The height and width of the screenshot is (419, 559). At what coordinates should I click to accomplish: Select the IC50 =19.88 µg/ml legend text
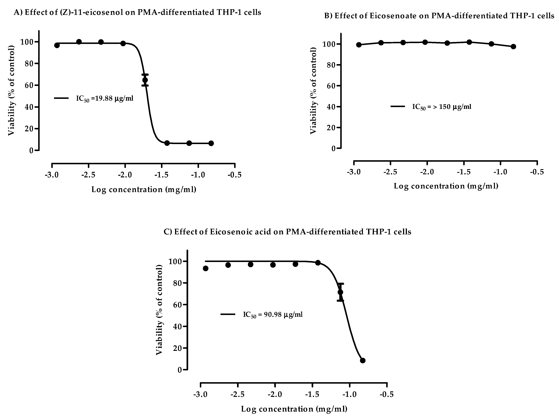[105, 98]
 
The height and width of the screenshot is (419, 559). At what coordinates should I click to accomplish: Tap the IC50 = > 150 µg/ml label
[442, 107]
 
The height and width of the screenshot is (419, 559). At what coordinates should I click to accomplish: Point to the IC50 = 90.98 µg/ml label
[273, 314]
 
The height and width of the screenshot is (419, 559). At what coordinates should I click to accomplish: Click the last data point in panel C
[363, 361]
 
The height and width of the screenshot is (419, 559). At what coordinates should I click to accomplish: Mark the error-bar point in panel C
[340, 292]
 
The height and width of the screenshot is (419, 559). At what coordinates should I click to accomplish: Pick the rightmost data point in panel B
[513, 46]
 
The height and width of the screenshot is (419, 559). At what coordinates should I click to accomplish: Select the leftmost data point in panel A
[57, 45]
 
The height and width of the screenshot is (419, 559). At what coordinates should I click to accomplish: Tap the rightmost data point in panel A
[211, 143]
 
